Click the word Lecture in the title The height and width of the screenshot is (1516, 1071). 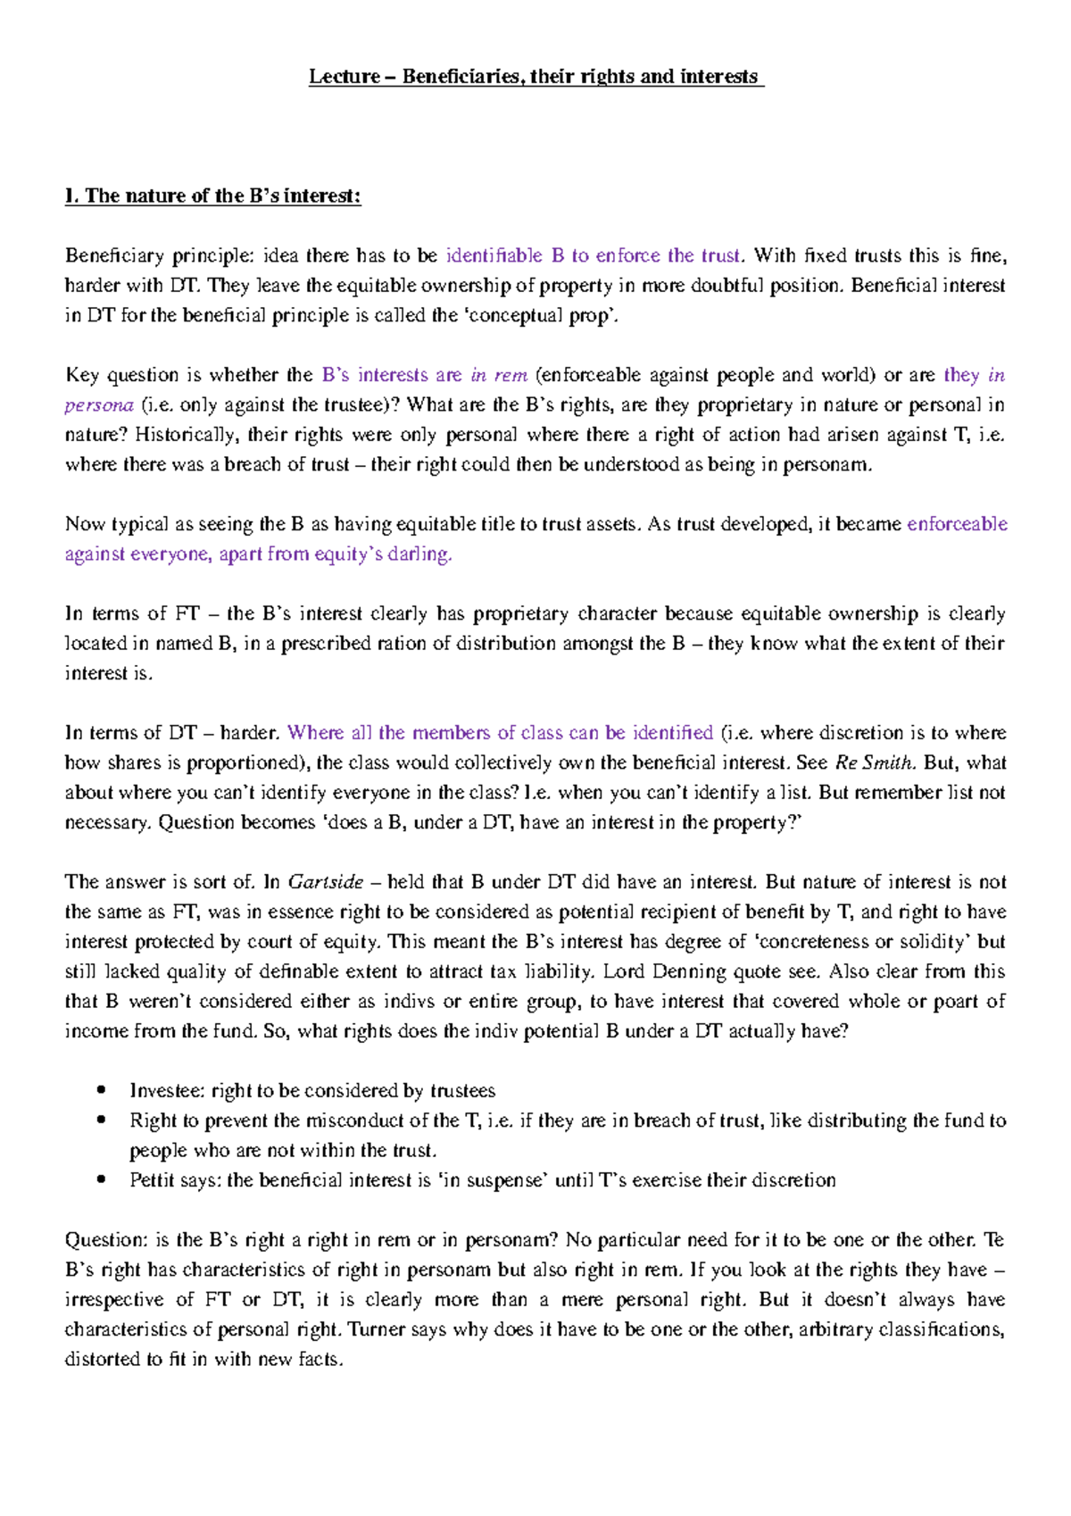click(344, 77)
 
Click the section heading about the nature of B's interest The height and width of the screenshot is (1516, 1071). click(212, 196)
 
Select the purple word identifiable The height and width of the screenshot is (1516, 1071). click(494, 255)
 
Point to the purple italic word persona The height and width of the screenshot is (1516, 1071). click(98, 405)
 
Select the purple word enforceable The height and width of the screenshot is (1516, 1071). click(957, 524)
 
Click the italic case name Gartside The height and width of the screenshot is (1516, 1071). click(325, 882)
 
